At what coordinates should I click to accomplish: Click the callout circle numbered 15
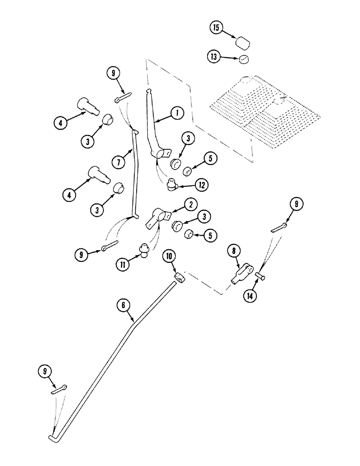(216, 28)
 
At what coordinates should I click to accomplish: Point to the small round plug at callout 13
(243, 59)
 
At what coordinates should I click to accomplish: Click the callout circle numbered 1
(177, 112)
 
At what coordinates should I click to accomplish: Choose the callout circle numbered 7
(118, 163)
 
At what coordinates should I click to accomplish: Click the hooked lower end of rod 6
(52, 437)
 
